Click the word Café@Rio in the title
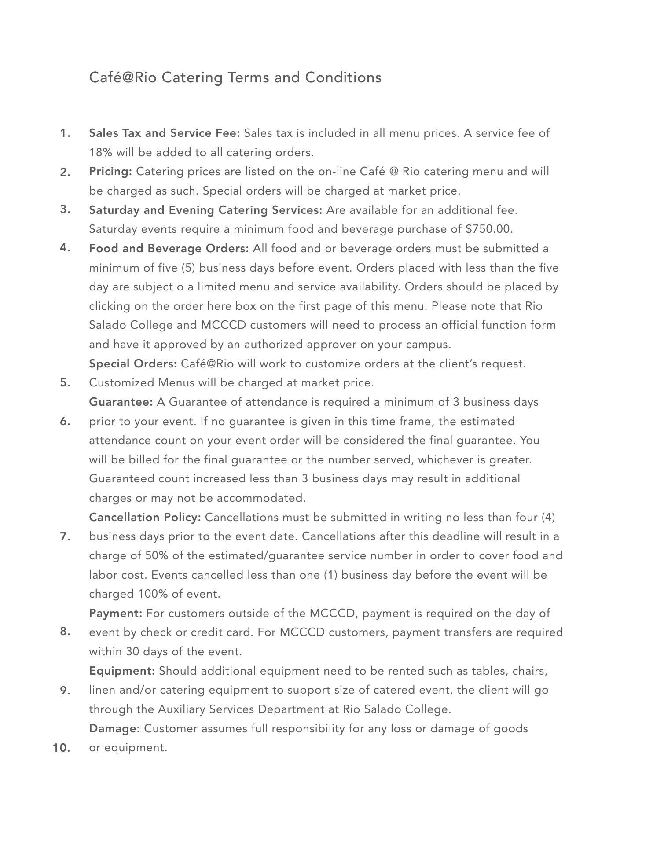pos(123,77)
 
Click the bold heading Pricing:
pos(110,171)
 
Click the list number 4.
pos(65,248)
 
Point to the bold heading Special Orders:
pos(133,364)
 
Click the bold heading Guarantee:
pos(121,402)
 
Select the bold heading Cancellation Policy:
pos(145,517)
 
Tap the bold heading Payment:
pos(115,613)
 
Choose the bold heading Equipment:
pos(122,671)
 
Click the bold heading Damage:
pos(114,728)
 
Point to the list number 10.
pos(62,748)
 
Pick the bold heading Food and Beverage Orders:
pos(169,248)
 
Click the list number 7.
pos(65,536)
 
